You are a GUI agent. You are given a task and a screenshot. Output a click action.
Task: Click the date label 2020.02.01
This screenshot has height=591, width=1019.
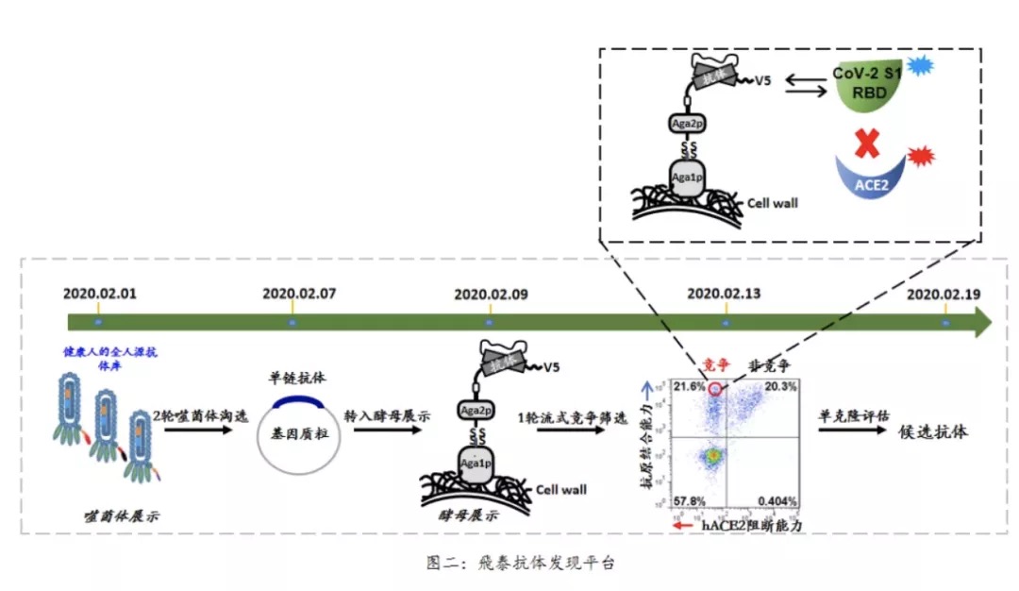tap(100, 293)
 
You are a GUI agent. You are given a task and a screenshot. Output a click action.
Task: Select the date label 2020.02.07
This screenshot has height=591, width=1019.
tap(299, 293)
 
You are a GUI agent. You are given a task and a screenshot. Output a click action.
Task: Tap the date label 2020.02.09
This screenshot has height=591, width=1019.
tap(491, 293)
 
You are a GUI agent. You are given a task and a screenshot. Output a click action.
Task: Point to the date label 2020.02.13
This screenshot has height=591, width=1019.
tap(724, 293)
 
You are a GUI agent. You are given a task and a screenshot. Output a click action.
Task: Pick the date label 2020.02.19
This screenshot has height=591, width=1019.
tap(944, 293)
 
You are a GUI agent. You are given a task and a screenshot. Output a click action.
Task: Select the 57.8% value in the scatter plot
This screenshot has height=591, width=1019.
tap(687, 499)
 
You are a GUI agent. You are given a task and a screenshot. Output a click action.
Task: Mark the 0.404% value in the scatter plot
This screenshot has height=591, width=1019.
tap(777, 499)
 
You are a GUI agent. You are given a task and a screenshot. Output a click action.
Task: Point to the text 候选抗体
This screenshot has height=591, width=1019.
tap(931, 431)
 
